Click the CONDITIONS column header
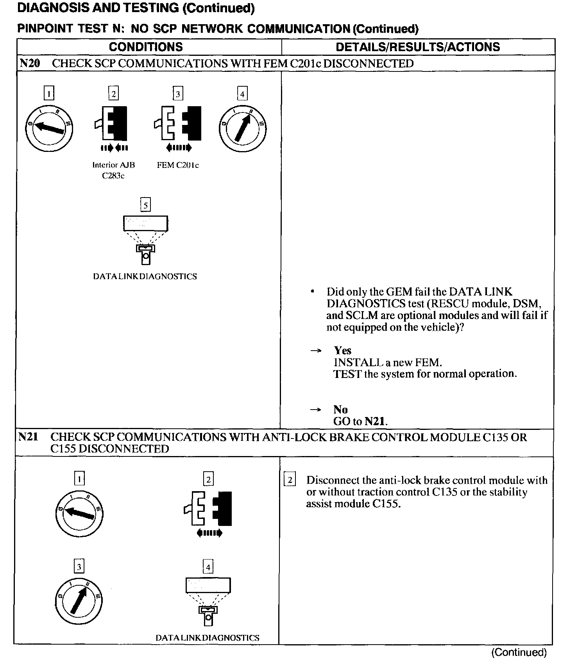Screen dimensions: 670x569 point(146,47)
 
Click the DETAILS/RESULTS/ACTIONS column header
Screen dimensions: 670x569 point(418,47)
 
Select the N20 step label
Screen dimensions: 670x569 point(30,64)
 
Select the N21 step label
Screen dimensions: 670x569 point(28,437)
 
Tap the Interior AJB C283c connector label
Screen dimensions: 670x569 point(113,170)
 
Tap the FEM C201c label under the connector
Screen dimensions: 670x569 point(178,165)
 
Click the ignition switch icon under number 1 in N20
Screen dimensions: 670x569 point(49,127)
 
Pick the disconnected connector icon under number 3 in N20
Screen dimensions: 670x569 point(178,123)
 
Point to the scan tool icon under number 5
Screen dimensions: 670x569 point(145,238)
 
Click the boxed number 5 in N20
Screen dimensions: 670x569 point(145,205)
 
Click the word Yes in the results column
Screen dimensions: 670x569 point(342,350)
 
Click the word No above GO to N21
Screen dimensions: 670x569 point(340,409)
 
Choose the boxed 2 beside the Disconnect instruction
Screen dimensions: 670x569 point(290,480)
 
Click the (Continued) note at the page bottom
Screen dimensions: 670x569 point(519,652)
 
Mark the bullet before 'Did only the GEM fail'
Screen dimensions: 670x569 point(313,292)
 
